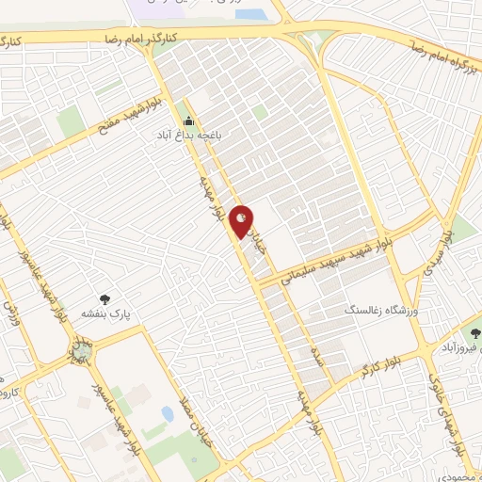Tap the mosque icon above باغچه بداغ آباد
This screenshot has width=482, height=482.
(188, 121)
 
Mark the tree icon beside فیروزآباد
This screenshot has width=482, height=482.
(473, 332)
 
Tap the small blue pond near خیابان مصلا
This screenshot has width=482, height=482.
(168, 413)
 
